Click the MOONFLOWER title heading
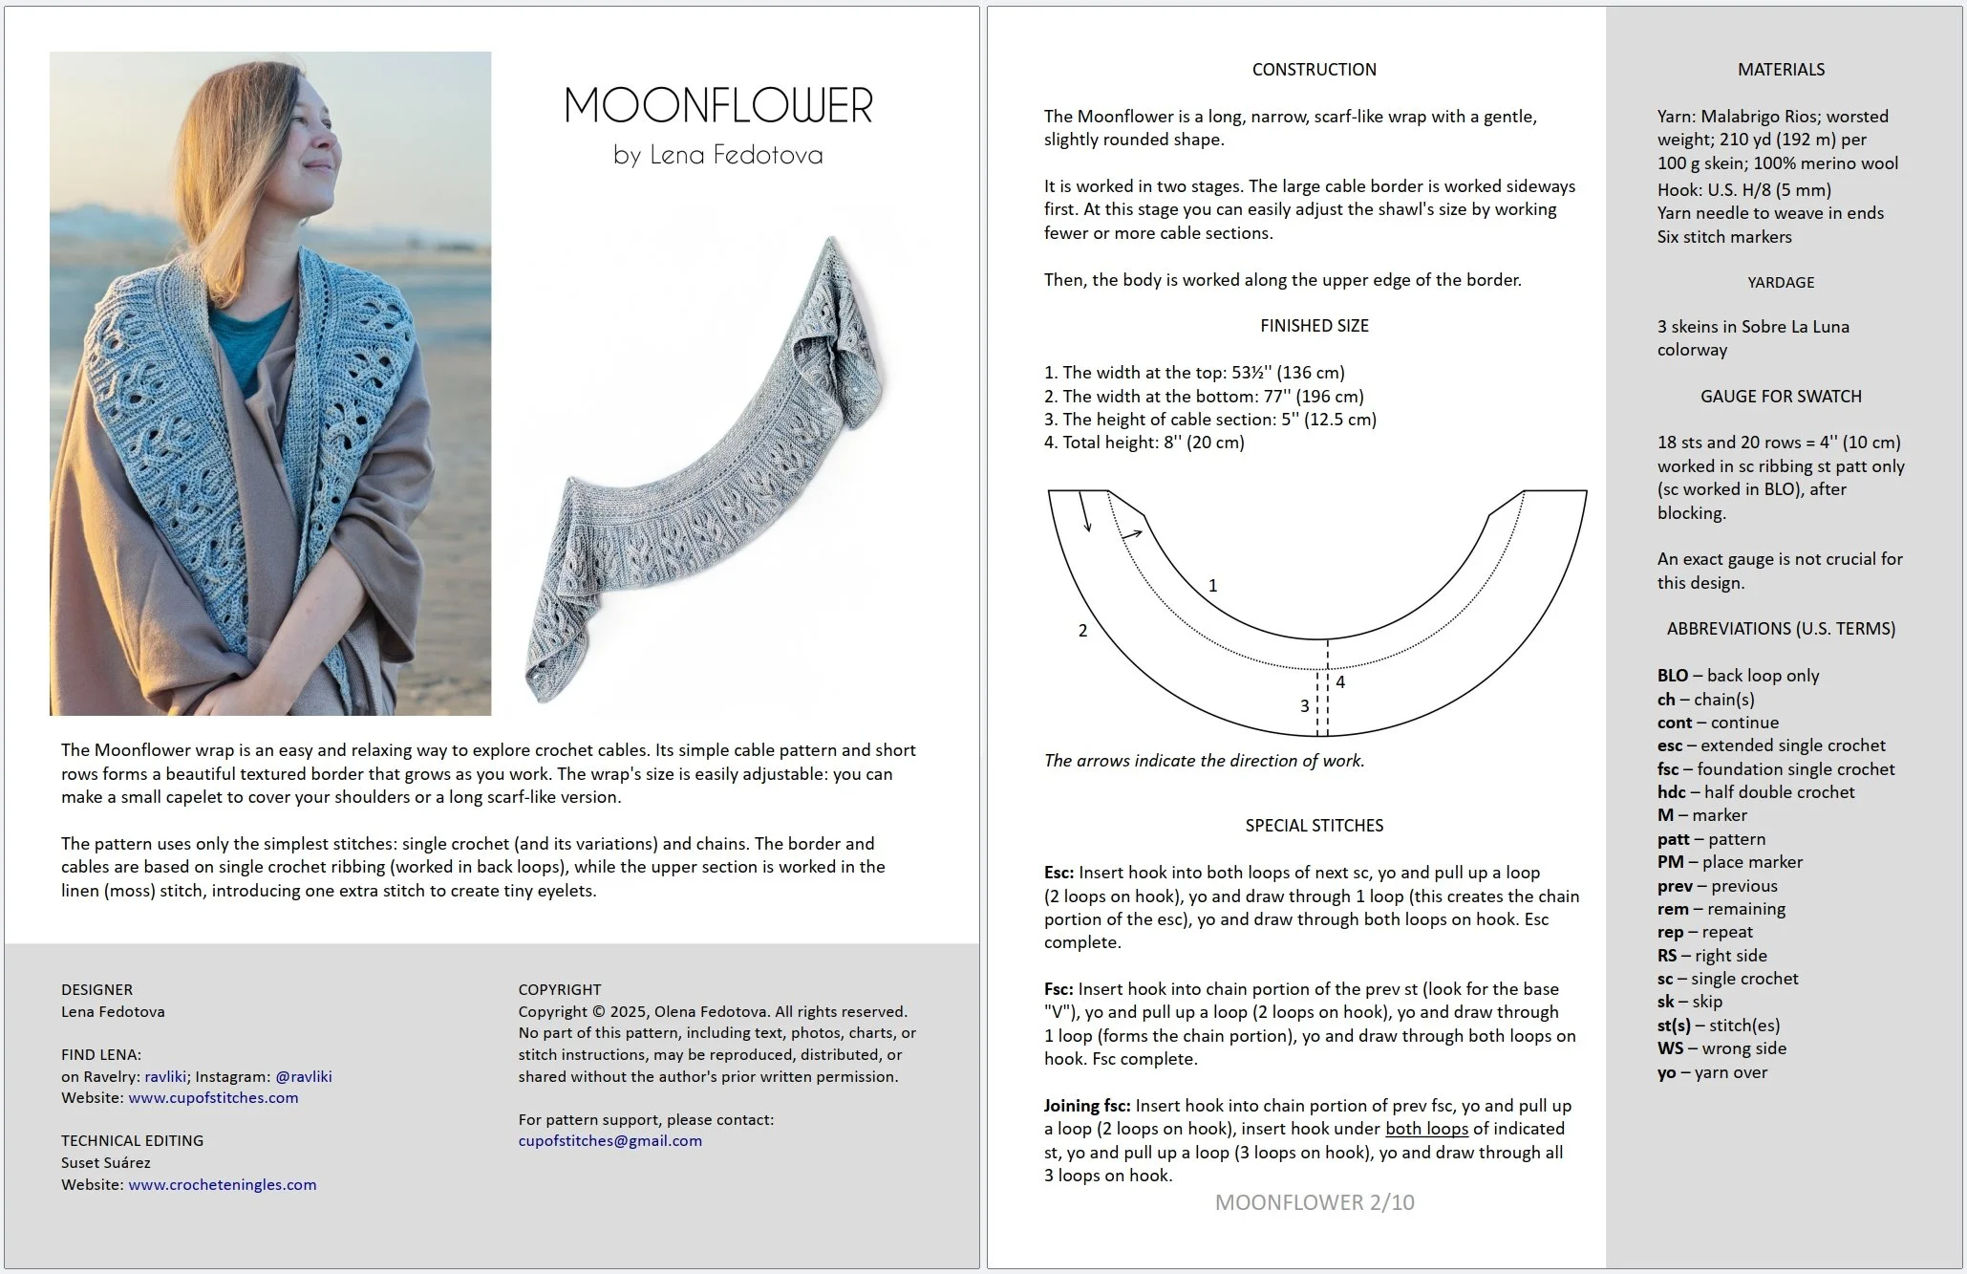point(718,105)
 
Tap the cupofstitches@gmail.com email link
point(609,1140)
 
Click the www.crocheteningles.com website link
point(222,1184)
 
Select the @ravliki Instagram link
point(303,1076)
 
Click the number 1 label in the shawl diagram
point(1212,585)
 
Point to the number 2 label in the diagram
point(1082,631)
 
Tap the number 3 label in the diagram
point(1304,706)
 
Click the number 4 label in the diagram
point(1340,681)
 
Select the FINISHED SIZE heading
point(1314,326)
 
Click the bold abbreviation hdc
point(1671,792)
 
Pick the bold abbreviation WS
point(1670,1048)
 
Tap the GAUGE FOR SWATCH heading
point(1780,396)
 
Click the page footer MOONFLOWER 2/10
point(1314,1202)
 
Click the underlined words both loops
point(1426,1129)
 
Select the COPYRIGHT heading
point(559,989)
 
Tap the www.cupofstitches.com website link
point(213,1097)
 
